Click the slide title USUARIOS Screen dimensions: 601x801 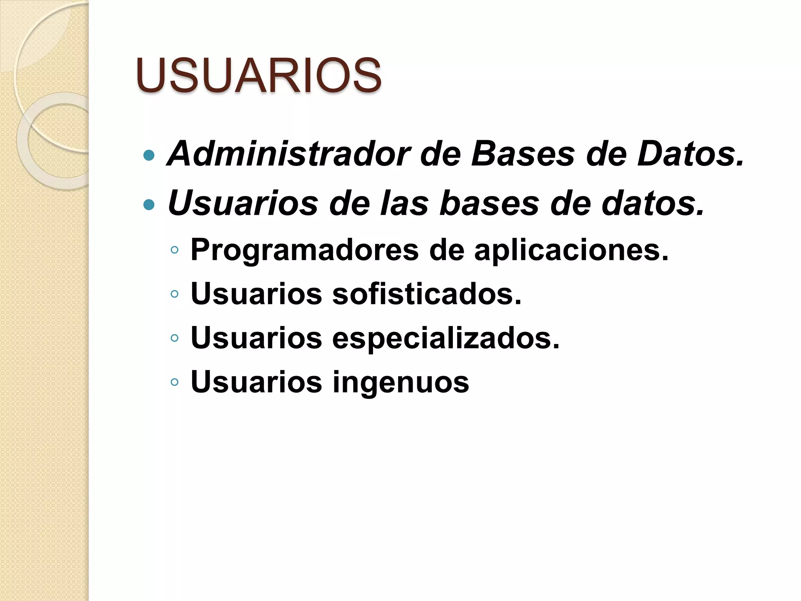259,75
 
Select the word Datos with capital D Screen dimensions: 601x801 690,154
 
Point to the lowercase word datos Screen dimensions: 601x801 653,203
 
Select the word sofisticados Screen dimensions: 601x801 427,294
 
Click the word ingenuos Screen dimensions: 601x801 400,382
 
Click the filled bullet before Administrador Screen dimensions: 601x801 149,156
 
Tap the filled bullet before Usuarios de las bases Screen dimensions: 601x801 149,204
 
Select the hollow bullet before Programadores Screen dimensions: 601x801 174,250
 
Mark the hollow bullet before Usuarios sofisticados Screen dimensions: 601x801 174,294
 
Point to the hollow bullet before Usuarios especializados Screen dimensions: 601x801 174,338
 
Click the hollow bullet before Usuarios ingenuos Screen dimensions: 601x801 174,382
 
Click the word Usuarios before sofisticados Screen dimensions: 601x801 256,294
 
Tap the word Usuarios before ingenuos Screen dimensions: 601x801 256,382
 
